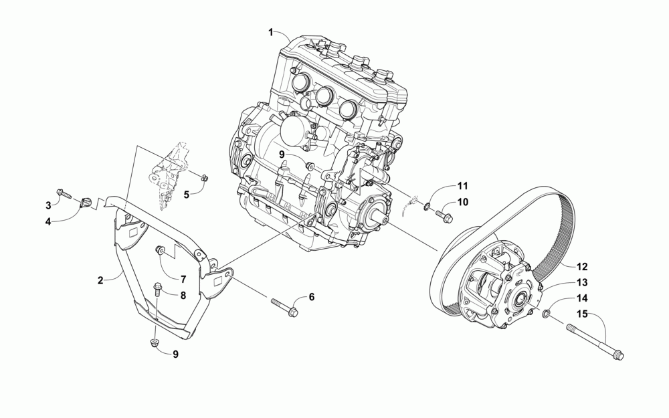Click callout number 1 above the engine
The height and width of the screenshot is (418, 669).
[271, 32]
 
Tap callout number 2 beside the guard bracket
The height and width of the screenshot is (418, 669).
[100, 280]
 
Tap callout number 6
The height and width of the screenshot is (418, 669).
[311, 297]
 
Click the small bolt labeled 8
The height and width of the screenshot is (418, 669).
[157, 289]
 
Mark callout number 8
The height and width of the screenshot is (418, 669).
[181, 294]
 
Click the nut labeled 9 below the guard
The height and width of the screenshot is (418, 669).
[154, 343]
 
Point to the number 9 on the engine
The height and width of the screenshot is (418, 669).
[282, 154]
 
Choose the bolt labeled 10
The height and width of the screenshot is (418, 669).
[442, 215]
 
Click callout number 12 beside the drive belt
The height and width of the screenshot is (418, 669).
[581, 265]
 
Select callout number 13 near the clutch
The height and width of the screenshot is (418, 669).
[582, 282]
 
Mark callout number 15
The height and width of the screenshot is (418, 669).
[582, 314]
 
